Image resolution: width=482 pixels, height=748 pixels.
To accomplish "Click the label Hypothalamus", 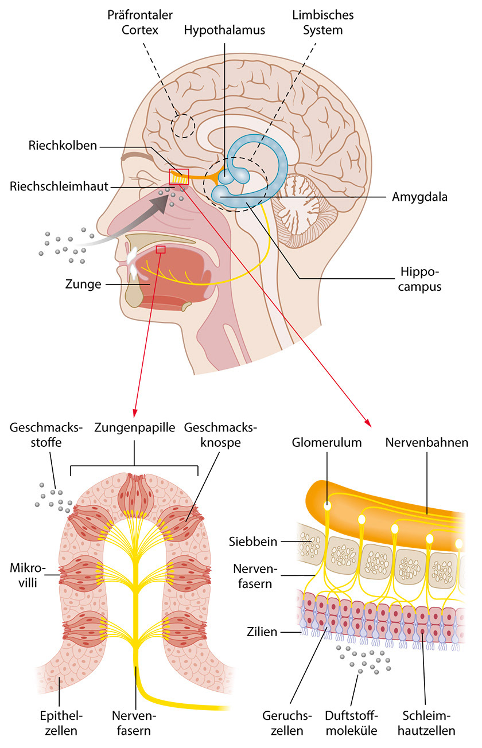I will [224, 30].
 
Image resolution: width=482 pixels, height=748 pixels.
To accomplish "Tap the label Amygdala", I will [419, 197].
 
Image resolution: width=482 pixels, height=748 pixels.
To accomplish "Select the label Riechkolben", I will [63, 146].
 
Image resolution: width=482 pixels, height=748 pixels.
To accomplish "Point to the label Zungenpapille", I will [134, 443].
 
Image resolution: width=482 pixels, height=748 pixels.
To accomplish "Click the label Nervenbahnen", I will [427, 443].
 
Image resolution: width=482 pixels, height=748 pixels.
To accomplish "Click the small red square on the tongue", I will [161, 250].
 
